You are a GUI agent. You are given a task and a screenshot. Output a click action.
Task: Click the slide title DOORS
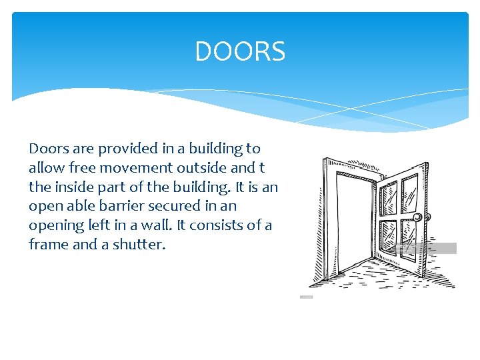coord(240,51)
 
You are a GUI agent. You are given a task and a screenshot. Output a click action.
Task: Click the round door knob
coord(418,218)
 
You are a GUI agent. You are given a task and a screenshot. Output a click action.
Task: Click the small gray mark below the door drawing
coord(307,297)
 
